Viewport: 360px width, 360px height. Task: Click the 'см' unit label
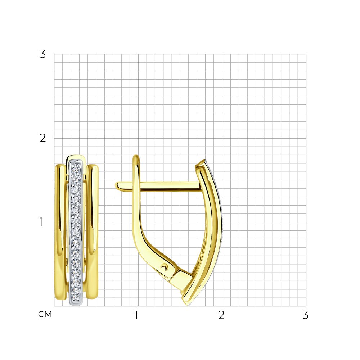(45, 314)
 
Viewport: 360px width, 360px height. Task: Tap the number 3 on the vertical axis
(42, 54)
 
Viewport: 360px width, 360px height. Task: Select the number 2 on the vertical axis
(42, 138)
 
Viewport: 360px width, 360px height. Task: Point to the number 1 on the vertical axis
(41, 222)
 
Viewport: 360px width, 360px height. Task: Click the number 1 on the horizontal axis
(136, 315)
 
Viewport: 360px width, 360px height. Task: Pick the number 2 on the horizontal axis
(221, 315)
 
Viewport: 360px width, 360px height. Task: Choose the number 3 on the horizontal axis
(305, 315)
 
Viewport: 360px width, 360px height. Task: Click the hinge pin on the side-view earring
(164, 267)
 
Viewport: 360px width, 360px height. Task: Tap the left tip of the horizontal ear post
(116, 185)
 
